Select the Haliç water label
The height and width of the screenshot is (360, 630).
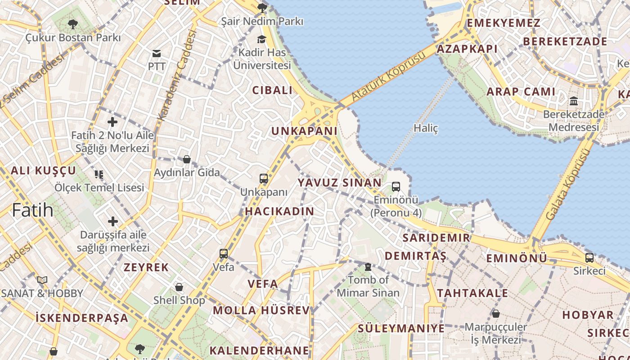tap(426, 128)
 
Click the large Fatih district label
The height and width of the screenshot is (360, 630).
tap(32, 210)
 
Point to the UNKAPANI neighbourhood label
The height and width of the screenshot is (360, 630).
tap(304, 131)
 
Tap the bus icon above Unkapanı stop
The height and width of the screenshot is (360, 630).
tap(264, 179)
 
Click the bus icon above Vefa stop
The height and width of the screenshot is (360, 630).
tap(224, 254)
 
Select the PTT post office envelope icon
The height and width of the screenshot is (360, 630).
tap(157, 54)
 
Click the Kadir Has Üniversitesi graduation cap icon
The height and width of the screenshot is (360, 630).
tap(261, 40)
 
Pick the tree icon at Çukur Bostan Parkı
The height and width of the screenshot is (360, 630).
tap(72, 24)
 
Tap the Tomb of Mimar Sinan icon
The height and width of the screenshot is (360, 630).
tap(368, 267)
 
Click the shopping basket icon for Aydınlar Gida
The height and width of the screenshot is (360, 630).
tap(186, 159)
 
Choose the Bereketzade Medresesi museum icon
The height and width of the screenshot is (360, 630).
tap(573, 101)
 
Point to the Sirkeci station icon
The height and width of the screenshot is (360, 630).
tap(589, 258)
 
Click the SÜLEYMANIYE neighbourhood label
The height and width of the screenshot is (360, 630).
tap(401, 328)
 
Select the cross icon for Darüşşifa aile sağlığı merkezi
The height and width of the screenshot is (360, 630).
tap(112, 221)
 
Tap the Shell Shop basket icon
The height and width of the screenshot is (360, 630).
tap(179, 287)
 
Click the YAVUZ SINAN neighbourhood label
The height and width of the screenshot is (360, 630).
tap(339, 183)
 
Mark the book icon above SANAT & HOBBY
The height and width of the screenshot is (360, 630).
tap(42, 280)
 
